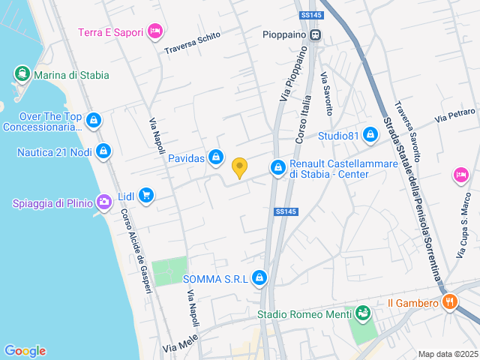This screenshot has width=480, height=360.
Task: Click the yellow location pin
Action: (239, 167)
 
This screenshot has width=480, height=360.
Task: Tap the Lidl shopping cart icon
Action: (145, 196)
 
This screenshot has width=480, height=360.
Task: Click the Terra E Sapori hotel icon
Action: (155, 31)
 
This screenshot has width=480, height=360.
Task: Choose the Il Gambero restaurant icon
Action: (450, 303)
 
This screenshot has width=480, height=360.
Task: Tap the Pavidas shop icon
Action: (216, 157)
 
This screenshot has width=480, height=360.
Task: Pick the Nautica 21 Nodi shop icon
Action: (103, 152)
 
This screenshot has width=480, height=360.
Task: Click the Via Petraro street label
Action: (455, 115)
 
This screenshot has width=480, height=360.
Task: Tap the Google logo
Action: (25, 351)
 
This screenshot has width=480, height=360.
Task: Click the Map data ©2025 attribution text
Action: (447, 354)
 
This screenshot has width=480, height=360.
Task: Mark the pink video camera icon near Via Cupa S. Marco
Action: (460, 175)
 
